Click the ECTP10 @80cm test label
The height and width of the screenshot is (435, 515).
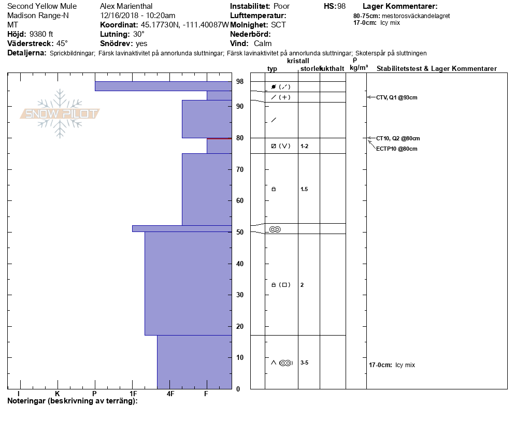(396, 149)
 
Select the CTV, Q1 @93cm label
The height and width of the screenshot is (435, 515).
(397, 97)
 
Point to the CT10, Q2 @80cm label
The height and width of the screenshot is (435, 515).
(398, 138)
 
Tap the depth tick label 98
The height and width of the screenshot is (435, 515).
(240, 82)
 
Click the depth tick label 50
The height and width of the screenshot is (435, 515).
(240, 232)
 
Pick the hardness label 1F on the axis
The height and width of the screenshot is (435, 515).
(133, 394)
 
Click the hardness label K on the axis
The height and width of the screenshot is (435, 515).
(58, 394)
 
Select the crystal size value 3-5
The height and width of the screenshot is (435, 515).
(304, 363)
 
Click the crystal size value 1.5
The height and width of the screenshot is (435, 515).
(304, 189)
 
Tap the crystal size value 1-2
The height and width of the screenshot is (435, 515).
(304, 146)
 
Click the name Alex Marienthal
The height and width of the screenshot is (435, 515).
(126, 6)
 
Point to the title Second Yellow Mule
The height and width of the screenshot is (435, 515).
(42, 6)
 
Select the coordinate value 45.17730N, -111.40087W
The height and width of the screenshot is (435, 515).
(184, 25)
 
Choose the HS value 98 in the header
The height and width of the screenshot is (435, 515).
(341, 6)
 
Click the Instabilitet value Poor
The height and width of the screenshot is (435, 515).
(281, 6)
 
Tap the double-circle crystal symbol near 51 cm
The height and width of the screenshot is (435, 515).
(275, 229)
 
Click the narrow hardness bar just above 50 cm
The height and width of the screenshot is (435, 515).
(182, 228)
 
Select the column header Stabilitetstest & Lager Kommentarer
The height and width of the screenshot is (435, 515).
(437, 69)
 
